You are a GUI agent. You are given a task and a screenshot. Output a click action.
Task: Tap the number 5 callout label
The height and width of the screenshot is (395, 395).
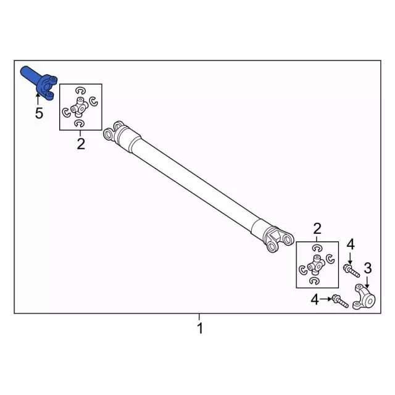(x=39, y=113)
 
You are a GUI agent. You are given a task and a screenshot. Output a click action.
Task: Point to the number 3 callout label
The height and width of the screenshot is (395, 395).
(x=367, y=267)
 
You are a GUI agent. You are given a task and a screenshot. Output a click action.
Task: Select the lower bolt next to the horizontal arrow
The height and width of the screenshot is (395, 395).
(x=339, y=301)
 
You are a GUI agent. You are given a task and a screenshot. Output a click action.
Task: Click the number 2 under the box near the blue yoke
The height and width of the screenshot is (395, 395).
(x=80, y=144)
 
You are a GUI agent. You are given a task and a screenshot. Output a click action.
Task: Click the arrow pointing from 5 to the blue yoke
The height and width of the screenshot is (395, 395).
(x=39, y=98)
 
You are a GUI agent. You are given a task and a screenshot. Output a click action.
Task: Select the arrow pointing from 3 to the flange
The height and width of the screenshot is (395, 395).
(x=367, y=281)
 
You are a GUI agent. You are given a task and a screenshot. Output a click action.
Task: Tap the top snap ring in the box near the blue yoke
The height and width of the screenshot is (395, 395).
(x=80, y=89)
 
